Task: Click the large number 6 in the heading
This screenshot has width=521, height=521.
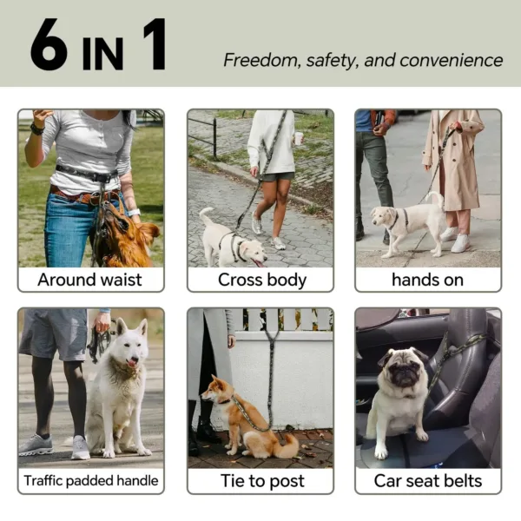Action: coord(49,44)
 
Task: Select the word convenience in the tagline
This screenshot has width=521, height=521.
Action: coord(452,60)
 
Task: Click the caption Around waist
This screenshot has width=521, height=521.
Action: coord(90,280)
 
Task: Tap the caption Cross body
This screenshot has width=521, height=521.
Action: coord(260,280)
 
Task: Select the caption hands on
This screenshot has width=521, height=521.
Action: coord(427,280)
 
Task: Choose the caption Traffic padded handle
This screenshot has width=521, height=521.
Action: coord(90,480)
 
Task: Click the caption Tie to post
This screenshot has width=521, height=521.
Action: coord(260,480)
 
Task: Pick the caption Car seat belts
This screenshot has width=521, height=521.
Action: coord(427,480)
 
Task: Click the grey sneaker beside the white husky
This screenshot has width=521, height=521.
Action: coord(36,445)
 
